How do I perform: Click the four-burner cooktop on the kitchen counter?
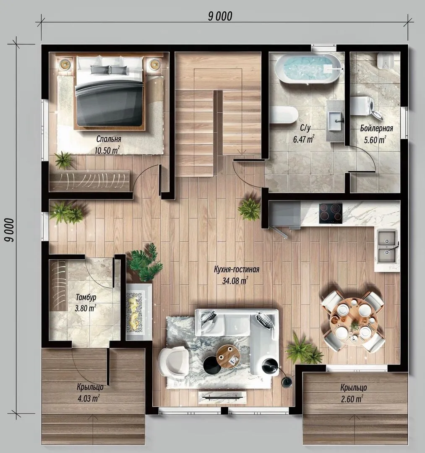coord(331,213)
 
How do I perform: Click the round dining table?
coord(353,321)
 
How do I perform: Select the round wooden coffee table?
coord(228,357)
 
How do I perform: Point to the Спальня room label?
coord(109,139)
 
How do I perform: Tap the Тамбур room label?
coord(86,297)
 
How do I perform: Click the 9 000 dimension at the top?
coord(220,16)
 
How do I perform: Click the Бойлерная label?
coord(376,128)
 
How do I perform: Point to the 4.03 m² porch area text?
coord(89,398)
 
